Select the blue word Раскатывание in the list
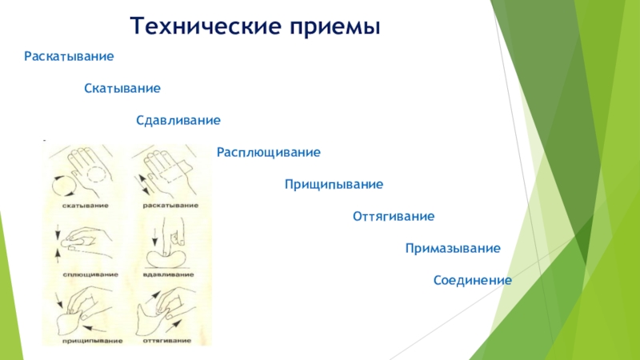tap(69, 58)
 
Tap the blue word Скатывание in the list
tap(123, 88)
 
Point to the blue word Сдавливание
tap(178, 120)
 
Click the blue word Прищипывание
tap(334, 185)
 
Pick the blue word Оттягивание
tap(394, 217)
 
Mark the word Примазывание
tap(453, 249)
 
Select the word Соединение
tap(472, 281)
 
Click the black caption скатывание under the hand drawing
tap(85, 206)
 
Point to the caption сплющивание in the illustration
tap(88, 274)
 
